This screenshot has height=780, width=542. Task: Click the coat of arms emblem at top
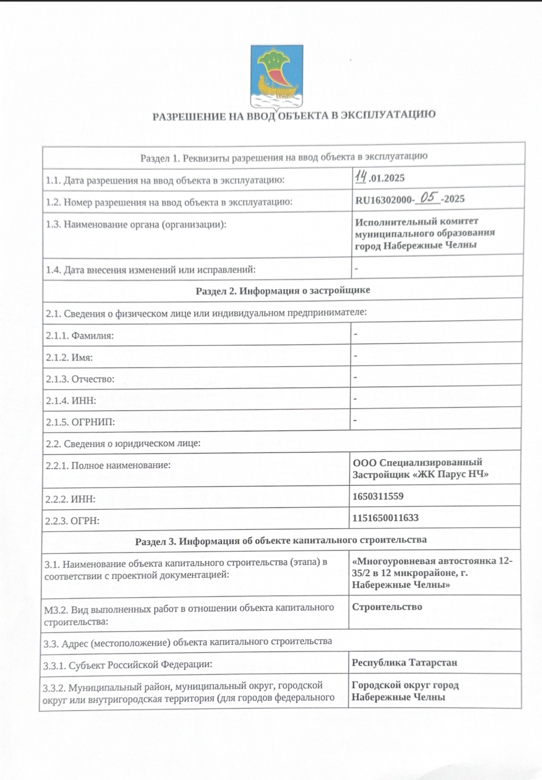pos(277,76)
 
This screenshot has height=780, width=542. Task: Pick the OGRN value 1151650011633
pos(385,518)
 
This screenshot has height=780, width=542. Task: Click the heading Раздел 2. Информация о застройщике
pos(283,290)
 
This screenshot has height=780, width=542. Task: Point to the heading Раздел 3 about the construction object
pos(281,540)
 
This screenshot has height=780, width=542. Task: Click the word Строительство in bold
pos(387,607)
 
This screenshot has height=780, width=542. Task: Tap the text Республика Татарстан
pos(404,663)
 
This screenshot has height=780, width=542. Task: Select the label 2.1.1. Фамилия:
pos(80,336)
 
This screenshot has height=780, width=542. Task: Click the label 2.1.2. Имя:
pos(69,357)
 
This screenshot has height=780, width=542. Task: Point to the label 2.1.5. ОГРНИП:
pos(80,422)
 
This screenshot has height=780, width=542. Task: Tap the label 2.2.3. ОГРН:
pos(72,521)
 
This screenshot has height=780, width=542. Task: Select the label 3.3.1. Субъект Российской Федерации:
pos(127,665)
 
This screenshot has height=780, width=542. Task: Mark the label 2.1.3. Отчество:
pos(80,379)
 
